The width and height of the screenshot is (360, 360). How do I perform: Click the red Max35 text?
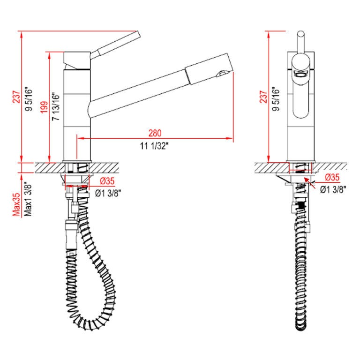tap(16, 205)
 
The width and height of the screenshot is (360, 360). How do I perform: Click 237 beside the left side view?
tap(17, 96)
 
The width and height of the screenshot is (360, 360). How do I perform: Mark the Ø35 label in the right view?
tap(332, 177)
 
